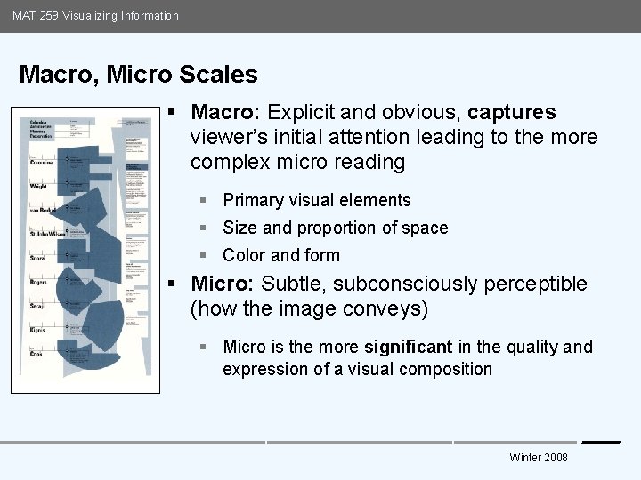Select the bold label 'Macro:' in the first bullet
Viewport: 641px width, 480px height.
tap(226, 113)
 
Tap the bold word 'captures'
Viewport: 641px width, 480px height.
tap(512, 113)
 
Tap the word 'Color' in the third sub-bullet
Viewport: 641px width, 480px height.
tap(244, 256)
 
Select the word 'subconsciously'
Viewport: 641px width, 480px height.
tap(374, 284)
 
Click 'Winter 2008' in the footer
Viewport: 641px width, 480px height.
tap(538, 457)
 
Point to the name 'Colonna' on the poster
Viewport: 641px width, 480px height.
tap(42, 163)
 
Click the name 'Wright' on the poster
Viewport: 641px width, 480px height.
tap(37, 187)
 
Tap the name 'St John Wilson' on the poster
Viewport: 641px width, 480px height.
tap(47, 234)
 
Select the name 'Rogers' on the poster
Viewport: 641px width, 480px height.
tap(38, 282)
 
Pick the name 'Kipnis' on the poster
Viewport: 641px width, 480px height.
tap(37, 329)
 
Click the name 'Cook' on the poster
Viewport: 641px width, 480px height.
tap(36, 353)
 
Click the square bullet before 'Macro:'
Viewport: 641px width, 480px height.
tap(174, 113)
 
